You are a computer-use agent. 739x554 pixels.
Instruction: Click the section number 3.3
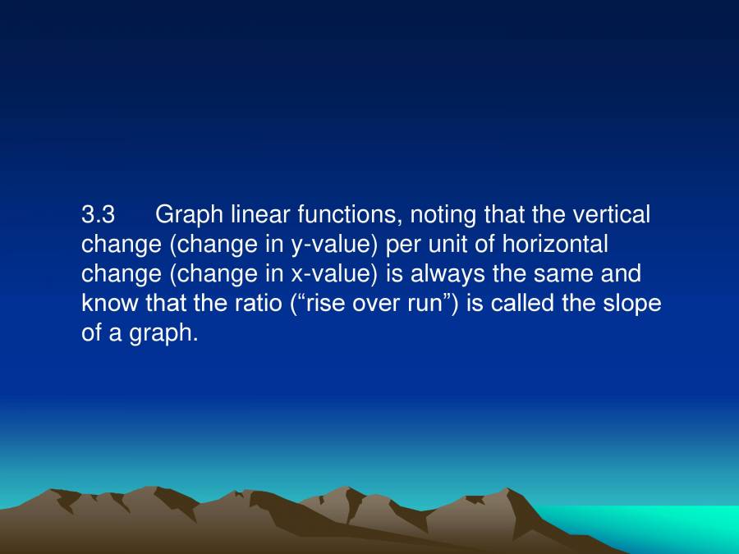98,215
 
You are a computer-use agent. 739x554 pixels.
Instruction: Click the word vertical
611,215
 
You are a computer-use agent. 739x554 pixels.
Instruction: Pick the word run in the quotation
425,304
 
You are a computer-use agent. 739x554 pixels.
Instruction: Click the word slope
632,304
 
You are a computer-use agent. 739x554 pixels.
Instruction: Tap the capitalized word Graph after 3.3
189,215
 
